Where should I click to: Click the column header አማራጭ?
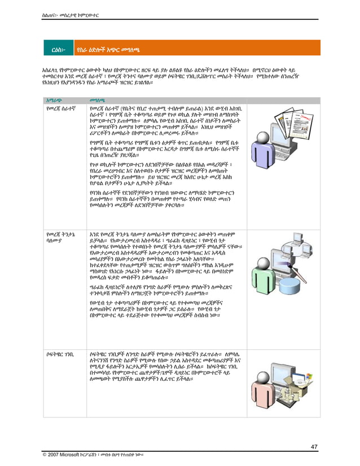tap(55, 100)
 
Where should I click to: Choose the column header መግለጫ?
tap(99, 100)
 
